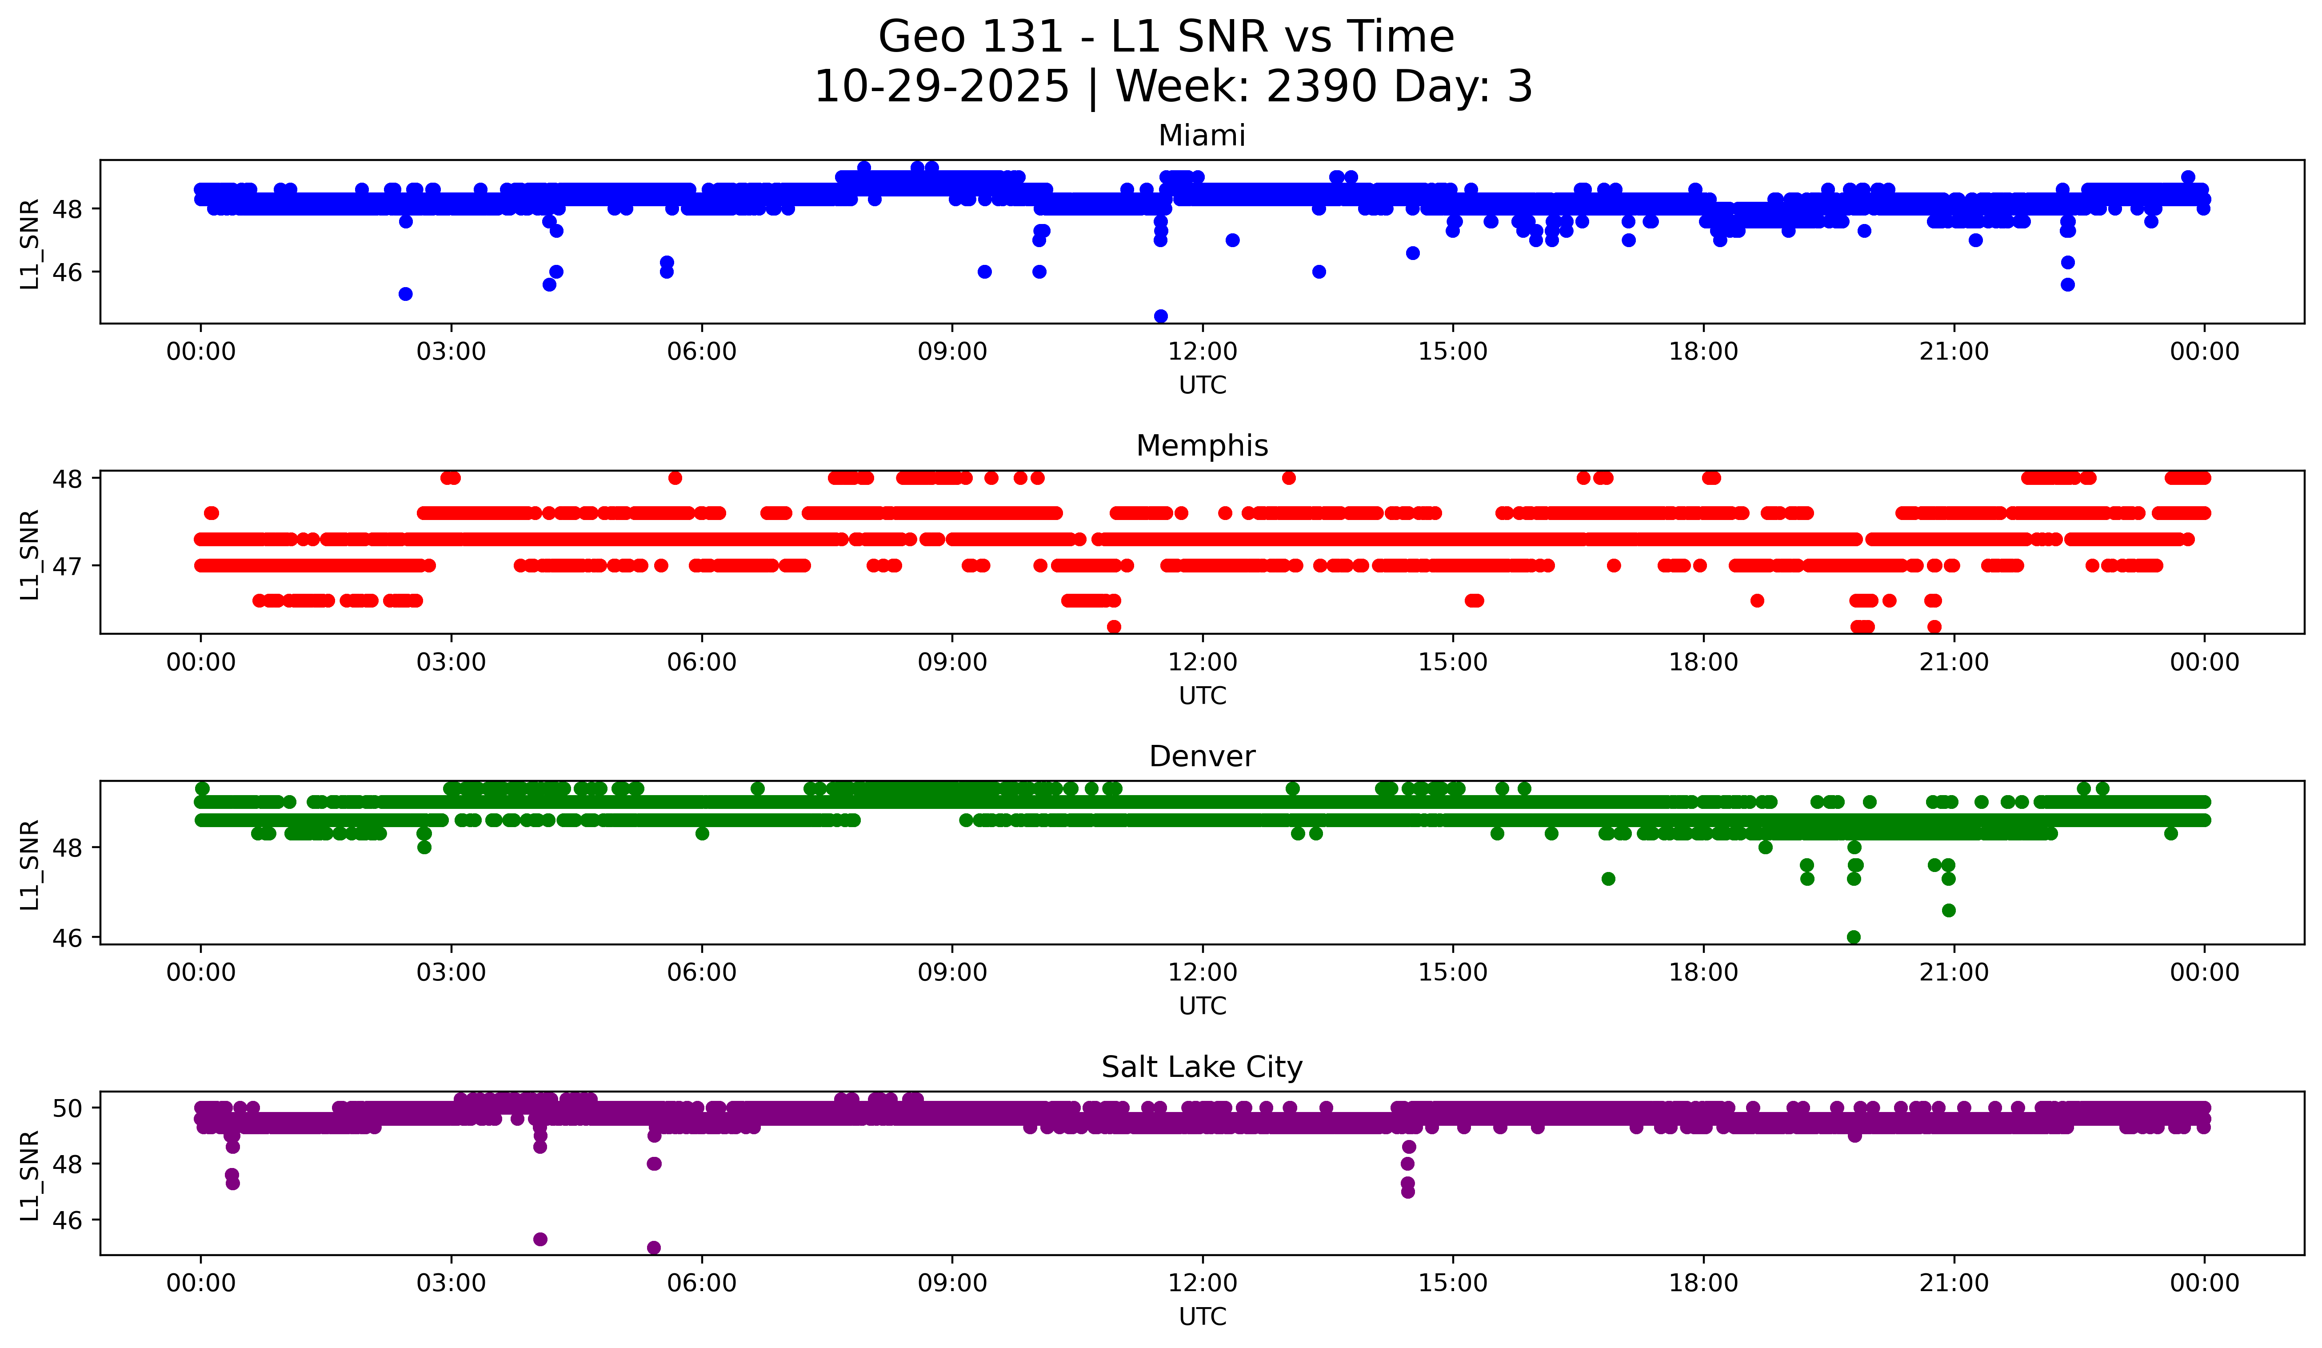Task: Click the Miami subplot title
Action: pos(1202,136)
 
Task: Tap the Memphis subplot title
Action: pos(1202,446)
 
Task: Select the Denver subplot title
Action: pos(1202,756)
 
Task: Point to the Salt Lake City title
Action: pos(1202,1067)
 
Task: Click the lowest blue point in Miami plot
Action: pos(1161,316)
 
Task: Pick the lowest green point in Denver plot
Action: pos(1854,937)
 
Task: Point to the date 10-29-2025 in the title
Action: pos(942,87)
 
